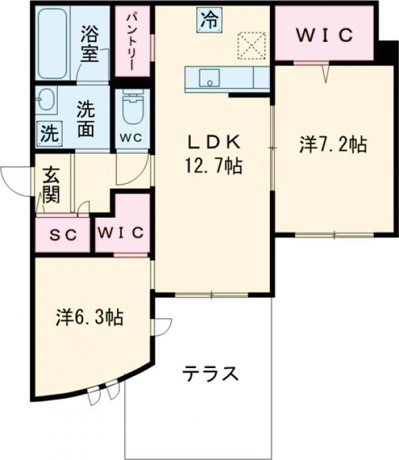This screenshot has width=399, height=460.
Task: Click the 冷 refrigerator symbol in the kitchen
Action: point(209,19)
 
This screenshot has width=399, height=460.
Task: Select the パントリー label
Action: point(132,41)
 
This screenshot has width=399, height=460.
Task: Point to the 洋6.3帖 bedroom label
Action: point(88,318)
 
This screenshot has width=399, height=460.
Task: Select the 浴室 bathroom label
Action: point(90,42)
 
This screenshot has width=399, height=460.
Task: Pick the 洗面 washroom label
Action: point(85,118)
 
